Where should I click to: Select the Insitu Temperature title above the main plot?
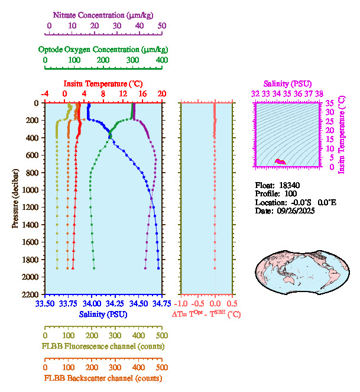[103, 83]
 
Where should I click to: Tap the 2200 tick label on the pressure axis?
[32, 294]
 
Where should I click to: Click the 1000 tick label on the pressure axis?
[32, 190]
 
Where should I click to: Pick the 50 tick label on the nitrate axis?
[162, 26]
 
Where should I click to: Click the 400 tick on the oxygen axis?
[161, 60]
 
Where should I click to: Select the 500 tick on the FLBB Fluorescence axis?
[161, 335]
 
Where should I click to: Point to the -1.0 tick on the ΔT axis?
[181, 303]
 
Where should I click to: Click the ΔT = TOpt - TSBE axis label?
[206, 315]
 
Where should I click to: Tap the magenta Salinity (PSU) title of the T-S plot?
[287, 84]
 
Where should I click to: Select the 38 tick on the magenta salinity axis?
[319, 93]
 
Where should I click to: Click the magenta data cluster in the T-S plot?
[281, 161]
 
